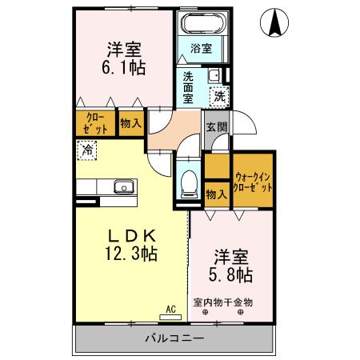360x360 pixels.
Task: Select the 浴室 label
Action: coord(201,48)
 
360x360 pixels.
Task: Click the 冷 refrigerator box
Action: coord(86,148)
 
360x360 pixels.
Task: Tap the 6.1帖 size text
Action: coord(123,68)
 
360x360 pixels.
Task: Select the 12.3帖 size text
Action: coord(131,254)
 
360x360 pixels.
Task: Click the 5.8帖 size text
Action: coord(232,274)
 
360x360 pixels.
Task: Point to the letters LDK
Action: coord(131,235)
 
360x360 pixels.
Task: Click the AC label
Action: coord(170,307)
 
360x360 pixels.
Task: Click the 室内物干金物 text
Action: coord(223,302)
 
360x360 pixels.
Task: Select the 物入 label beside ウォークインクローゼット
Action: coord(214,194)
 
